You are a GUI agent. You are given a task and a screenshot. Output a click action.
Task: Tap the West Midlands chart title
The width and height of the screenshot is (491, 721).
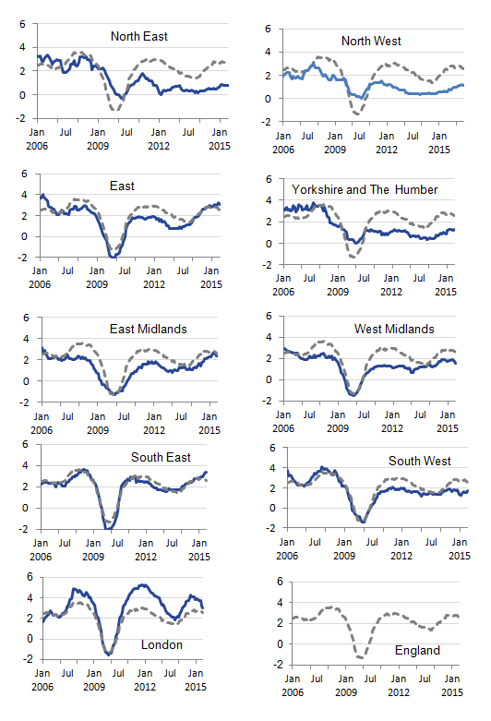[393, 329]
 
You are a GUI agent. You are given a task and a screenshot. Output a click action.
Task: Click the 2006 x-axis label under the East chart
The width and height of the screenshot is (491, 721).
[40, 284]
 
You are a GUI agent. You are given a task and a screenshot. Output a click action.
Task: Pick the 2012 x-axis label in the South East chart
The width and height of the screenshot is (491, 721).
[159, 556]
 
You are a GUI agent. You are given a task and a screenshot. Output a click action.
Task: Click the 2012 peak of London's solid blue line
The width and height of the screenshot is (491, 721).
[143, 584]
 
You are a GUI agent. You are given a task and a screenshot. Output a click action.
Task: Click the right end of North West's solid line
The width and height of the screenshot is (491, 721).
[463, 85]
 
